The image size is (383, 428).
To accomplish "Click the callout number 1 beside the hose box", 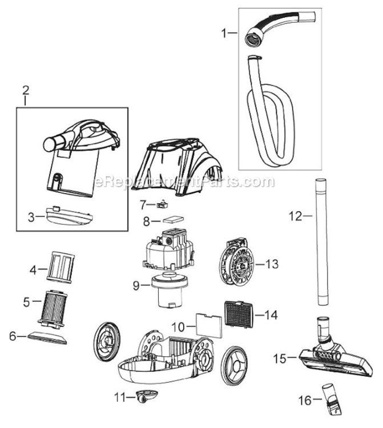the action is pos(224,34).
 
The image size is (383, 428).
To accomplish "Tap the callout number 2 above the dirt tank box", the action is pos(25,90).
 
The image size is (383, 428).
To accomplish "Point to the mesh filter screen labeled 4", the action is pos(61,266).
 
